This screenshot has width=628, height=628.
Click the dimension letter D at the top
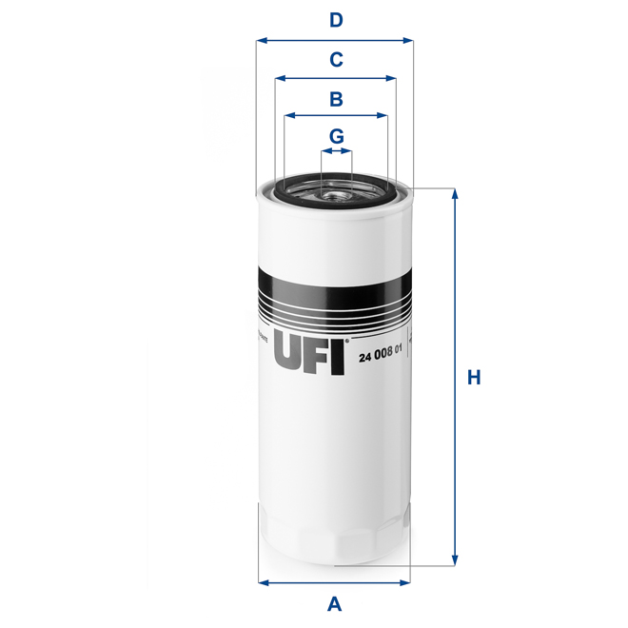click(x=336, y=20)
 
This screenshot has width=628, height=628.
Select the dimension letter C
click(x=336, y=59)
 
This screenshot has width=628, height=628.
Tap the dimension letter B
click(x=336, y=98)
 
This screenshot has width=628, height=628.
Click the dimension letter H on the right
click(x=473, y=378)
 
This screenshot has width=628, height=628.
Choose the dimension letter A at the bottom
click(x=334, y=602)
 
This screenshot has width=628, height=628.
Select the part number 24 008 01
click(x=381, y=356)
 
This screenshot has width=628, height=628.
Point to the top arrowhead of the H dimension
click(x=455, y=193)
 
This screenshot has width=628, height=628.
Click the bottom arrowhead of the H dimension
click(x=455, y=560)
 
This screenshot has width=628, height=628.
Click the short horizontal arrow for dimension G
click(x=336, y=151)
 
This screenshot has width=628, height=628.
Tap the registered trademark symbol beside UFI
click(x=347, y=340)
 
